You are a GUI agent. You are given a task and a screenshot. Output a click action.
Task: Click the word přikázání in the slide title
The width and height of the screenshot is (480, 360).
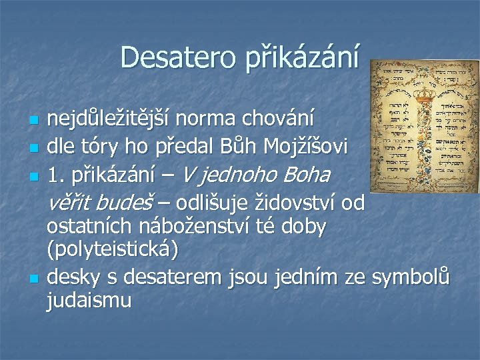tap(301, 58)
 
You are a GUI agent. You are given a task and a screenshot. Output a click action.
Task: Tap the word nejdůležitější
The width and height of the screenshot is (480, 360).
tap(110, 121)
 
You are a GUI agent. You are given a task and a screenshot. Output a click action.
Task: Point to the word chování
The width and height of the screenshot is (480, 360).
tap(283, 121)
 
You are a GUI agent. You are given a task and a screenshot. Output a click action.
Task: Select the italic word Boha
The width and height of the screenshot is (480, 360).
tap(307, 175)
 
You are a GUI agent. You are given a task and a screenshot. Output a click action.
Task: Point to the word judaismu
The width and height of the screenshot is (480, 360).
tap(89, 301)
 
